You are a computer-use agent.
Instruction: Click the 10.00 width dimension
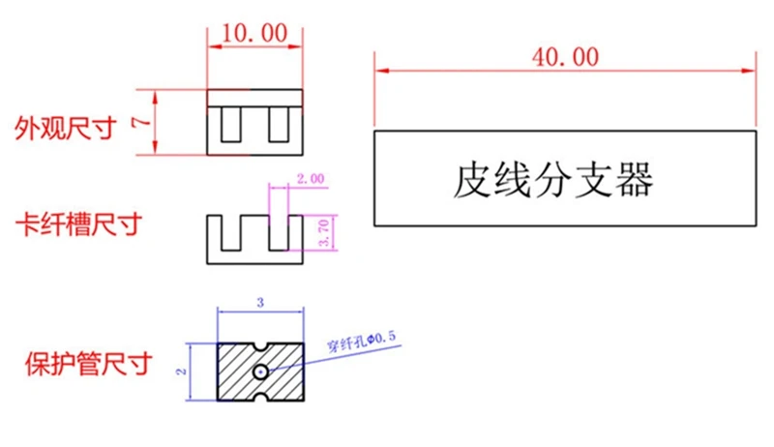click(254, 32)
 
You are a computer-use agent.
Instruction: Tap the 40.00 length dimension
click(565, 57)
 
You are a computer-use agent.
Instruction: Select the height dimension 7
click(141, 122)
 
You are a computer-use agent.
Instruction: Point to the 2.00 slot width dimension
click(311, 179)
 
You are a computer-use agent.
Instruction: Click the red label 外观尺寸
click(64, 128)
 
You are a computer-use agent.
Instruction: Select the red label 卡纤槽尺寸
click(77, 225)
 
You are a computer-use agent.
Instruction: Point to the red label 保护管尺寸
click(88, 366)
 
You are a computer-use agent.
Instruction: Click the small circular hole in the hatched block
click(261, 372)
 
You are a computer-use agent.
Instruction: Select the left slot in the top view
click(232, 126)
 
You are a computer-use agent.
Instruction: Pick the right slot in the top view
click(279, 126)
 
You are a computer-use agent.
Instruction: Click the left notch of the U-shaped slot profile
click(232, 232)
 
